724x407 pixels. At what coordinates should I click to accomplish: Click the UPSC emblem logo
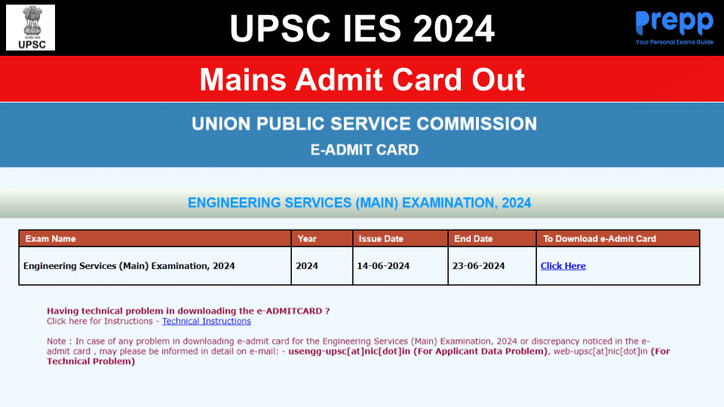(x=30, y=27)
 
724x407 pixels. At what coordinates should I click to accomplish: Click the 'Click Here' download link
(x=563, y=266)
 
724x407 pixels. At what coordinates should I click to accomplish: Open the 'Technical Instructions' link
(x=206, y=321)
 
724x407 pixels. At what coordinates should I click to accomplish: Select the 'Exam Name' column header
(x=51, y=239)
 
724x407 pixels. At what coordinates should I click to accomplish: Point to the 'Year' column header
(x=307, y=239)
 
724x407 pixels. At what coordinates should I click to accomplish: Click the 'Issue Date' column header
(x=381, y=239)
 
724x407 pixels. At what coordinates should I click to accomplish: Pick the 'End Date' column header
(x=473, y=239)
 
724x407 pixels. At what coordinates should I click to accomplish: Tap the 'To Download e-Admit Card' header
(x=600, y=239)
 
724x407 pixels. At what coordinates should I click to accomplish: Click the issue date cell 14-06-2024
(x=384, y=266)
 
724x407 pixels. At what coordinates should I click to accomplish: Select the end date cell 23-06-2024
(x=479, y=266)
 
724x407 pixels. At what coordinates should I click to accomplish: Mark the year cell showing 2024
(x=307, y=266)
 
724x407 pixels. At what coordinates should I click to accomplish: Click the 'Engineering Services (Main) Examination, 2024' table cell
(x=129, y=266)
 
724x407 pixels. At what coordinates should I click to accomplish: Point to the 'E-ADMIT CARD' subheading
(x=364, y=149)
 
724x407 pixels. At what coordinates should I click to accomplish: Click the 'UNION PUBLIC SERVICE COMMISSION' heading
(x=364, y=124)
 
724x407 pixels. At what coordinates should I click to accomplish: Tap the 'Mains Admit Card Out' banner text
(x=362, y=79)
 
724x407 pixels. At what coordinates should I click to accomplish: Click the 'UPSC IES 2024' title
(x=362, y=29)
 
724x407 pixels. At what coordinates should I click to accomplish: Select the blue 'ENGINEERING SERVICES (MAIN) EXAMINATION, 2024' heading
(x=359, y=203)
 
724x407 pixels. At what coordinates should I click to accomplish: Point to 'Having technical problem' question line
(x=188, y=311)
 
